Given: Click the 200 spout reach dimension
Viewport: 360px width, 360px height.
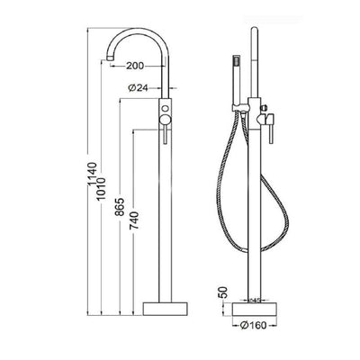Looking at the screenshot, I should [x=136, y=66].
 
